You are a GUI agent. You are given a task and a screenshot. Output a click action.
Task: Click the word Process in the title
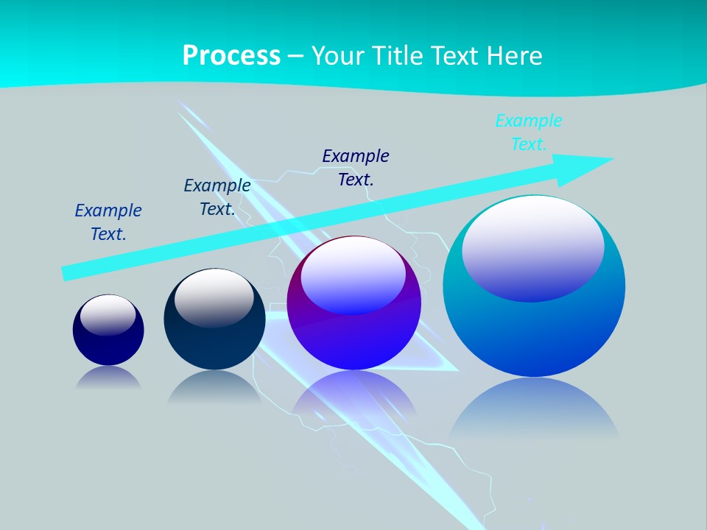click(231, 55)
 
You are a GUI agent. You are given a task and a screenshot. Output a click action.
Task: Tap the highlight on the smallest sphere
click(108, 315)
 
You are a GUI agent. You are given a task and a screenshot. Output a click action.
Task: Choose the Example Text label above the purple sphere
click(356, 167)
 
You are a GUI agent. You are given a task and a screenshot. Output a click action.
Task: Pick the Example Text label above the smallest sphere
click(108, 222)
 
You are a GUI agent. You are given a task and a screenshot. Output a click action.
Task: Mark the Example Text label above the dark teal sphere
click(217, 197)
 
